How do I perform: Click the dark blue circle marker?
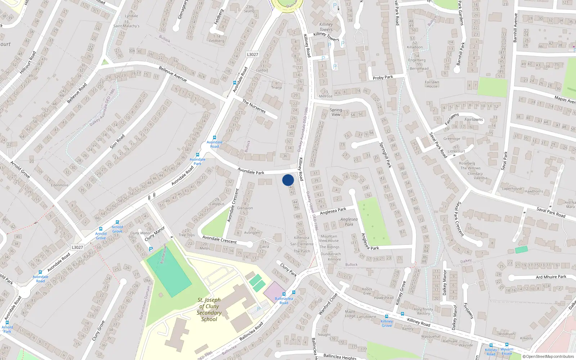[288, 180]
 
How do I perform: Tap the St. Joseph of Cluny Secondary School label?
[209, 310]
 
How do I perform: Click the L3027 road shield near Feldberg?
[252, 54]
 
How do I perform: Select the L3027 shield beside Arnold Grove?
[77, 247]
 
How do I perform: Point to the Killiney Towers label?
[326, 27]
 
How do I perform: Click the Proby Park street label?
[383, 77]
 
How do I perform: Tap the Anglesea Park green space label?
[349, 222]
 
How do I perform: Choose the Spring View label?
[336, 112]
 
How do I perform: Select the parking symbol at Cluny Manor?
[151, 249]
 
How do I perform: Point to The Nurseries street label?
[254, 107]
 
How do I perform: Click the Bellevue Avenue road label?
[173, 74]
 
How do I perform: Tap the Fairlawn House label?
[432, 84]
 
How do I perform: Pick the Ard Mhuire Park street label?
[551, 277]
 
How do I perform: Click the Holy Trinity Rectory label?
[423, 311]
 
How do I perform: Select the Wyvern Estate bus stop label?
[507, 351]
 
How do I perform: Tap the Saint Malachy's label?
[126, 26]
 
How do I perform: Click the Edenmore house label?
[60, 185]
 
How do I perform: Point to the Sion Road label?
[117, 141]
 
